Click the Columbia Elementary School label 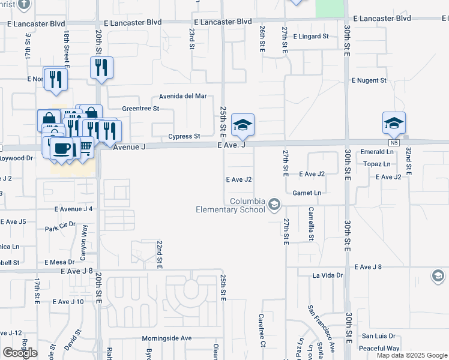(231, 205)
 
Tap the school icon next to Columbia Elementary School (274, 205)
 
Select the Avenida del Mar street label (182, 96)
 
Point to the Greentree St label (140, 109)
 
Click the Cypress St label (184, 136)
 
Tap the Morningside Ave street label (166, 338)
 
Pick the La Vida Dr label (327, 275)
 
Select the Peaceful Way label (380, 348)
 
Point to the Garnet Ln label (307, 193)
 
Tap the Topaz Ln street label (378, 163)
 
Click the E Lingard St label (311, 37)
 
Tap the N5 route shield (393, 143)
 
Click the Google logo (20, 353)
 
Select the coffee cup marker (61, 148)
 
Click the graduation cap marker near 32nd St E (394, 124)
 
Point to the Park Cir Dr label (61, 228)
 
